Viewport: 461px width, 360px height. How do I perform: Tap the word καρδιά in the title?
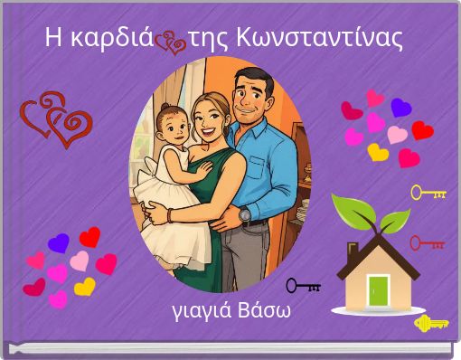click(113, 39)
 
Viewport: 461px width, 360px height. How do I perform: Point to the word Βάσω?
click(260, 313)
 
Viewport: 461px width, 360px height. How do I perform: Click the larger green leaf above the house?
click(348, 210)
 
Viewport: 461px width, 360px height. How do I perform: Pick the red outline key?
click(427, 242)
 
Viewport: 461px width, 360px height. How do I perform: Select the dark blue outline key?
click(303, 287)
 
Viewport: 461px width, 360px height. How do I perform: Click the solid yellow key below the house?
click(431, 323)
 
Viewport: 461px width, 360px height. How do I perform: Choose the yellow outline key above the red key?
click(428, 193)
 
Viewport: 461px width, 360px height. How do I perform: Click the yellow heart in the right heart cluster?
click(378, 152)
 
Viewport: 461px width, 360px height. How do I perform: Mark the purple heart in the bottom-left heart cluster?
click(59, 242)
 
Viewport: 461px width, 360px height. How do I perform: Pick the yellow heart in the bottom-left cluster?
click(84, 287)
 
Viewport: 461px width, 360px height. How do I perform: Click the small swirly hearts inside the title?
click(169, 42)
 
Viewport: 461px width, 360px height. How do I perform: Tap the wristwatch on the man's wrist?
click(244, 215)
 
